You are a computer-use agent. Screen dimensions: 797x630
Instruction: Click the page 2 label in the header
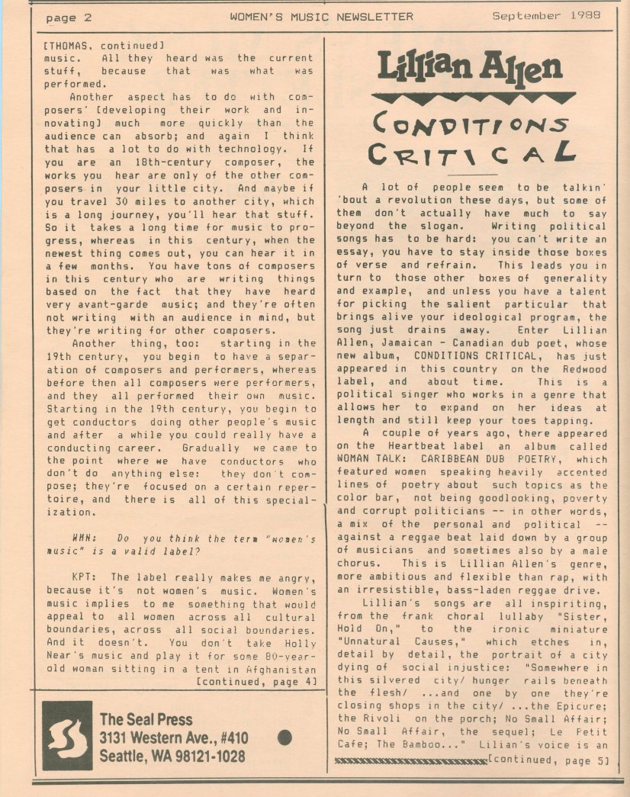[68, 17]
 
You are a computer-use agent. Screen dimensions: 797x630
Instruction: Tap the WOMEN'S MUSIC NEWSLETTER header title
[321, 16]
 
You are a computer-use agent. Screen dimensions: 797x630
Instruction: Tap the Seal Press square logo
[67, 735]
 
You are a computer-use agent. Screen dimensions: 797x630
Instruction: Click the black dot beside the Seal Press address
[286, 737]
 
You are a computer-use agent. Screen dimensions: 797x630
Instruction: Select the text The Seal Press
[146, 719]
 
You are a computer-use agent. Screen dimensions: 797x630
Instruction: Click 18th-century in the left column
[140, 162]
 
